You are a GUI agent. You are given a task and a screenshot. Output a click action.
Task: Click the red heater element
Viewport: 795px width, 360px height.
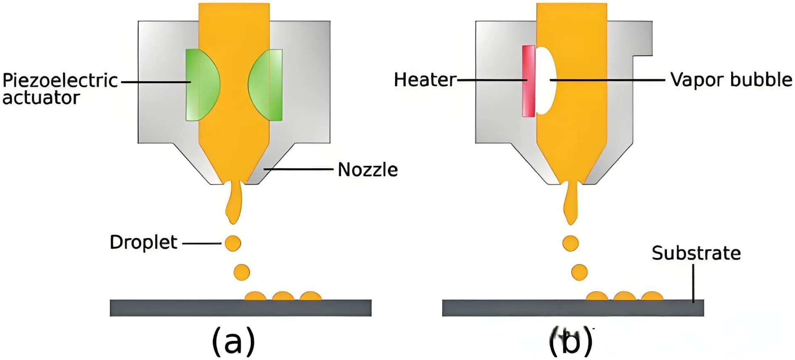pyautogui.click(x=528, y=81)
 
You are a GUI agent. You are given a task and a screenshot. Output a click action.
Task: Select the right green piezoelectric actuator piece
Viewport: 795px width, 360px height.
pyautogui.click(x=267, y=85)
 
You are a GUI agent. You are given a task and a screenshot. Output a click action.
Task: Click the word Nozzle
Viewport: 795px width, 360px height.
pyautogui.click(x=368, y=170)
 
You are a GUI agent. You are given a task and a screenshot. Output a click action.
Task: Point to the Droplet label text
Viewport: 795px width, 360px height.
pyautogui.click(x=143, y=242)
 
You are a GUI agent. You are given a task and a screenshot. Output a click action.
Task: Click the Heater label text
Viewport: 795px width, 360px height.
pyautogui.click(x=424, y=80)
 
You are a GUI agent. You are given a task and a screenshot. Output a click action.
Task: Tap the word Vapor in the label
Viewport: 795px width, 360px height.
pyautogui.click(x=696, y=80)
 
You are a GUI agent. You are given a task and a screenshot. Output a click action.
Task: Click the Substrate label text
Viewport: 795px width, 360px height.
pyautogui.click(x=696, y=253)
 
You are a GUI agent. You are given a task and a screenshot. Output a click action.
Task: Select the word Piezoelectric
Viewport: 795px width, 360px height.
pyautogui.click(x=60, y=80)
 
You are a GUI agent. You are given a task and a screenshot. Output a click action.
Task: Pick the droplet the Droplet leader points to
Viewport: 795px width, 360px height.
pyautogui.click(x=233, y=243)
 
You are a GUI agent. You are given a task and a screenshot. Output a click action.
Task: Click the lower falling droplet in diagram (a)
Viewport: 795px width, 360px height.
pyautogui.click(x=242, y=272)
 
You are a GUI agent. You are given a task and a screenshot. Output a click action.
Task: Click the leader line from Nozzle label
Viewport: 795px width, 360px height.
pyautogui.click(x=298, y=169)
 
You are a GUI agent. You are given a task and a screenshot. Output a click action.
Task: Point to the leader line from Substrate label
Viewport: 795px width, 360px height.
pyautogui.click(x=693, y=284)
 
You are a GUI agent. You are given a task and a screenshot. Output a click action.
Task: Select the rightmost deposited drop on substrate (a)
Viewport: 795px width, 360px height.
pyautogui.click(x=310, y=296)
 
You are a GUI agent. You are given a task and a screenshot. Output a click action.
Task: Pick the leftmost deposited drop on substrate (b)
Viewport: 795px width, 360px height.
pyautogui.click(x=597, y=296)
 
